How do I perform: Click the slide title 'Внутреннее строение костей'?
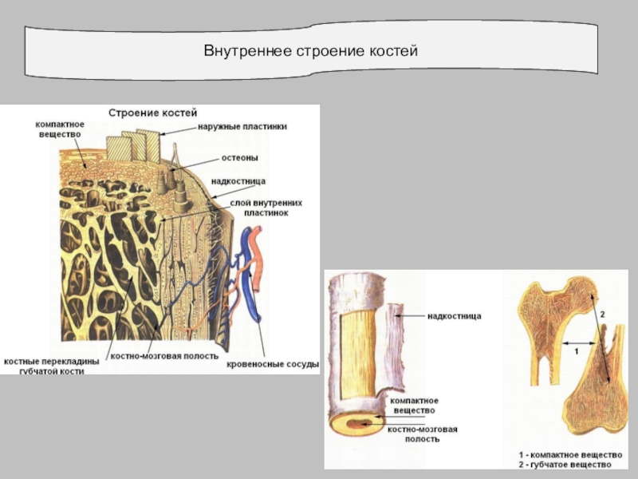[311, 51]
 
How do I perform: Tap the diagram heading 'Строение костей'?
[152, 113]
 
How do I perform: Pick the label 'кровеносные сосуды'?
[272, 364]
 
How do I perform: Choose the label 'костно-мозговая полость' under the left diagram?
[163, 356]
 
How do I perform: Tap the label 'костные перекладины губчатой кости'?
[53, 366]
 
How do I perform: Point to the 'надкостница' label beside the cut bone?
[455, 316]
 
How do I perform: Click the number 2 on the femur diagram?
[603, 315]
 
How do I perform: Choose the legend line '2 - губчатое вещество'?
[565, 464]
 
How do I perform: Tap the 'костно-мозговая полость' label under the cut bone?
[423, 434]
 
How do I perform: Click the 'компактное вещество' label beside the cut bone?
[415, 405]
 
